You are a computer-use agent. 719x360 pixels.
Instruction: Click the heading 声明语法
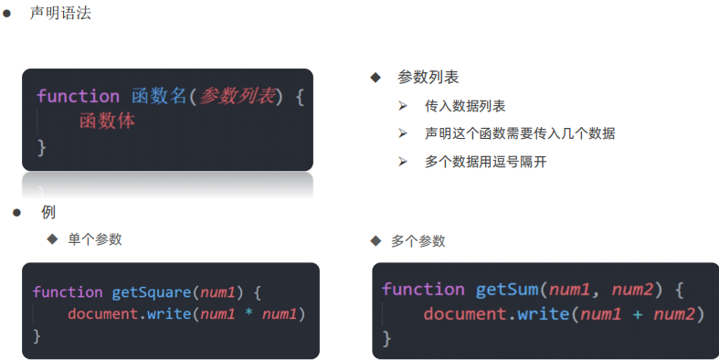(60, 13)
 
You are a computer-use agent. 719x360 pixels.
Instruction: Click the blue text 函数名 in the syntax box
(159, 96)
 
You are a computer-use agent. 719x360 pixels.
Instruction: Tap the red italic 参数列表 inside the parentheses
(237, 96)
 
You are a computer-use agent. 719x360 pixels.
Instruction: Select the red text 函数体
(107, 122)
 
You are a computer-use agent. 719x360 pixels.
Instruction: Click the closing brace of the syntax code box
(42, 148)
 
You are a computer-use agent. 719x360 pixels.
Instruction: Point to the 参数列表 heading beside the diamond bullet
(428, 77)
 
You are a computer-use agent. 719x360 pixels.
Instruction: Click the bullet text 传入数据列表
(465, 106)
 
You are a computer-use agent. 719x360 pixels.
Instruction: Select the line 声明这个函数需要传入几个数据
(520, 133)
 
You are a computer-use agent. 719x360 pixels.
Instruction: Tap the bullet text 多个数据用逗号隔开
(486, 162)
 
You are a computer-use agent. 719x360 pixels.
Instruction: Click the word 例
(48, 212)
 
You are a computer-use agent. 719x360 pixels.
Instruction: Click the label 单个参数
(95, 238)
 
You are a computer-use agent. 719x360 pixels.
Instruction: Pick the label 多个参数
(418, 241)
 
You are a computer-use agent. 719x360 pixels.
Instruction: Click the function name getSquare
(152, 292)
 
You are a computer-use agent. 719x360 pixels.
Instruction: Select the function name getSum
(507, 290)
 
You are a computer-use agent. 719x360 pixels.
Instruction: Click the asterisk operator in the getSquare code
(248, 313)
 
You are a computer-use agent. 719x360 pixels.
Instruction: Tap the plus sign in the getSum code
(638, 314)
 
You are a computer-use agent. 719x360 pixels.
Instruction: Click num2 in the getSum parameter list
(633, 290)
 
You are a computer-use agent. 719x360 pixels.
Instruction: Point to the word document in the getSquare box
(103, 314)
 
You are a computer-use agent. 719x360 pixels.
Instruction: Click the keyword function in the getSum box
(423, 290)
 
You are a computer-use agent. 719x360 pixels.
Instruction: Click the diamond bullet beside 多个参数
(375, 241)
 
